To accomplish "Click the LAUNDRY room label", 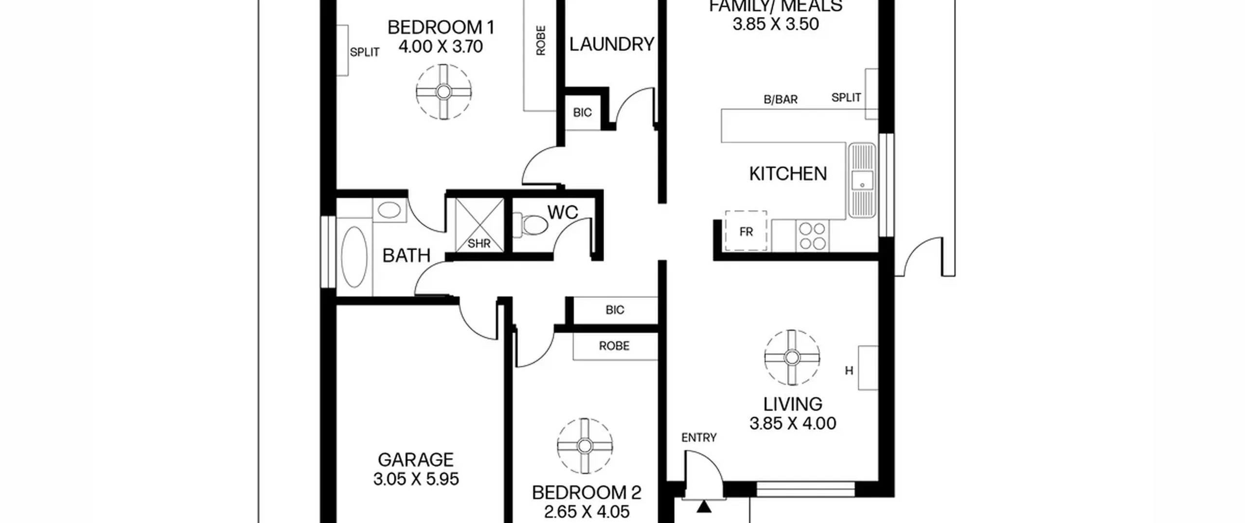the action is (x=612, y=44).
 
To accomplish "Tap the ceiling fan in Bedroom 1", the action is (x=444, y=92).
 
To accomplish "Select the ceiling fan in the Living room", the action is (x=792, y=358).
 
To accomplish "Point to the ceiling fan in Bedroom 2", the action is (x=585, y=446).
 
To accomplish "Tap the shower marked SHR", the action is (x=480, y=225).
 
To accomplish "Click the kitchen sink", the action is (x=862, y=180).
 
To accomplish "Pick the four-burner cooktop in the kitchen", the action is (x=812, y=236).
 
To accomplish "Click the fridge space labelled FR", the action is (x=746, y=231).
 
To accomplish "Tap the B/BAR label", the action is (x=781, y=100).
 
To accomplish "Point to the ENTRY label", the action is (x=699, y=438).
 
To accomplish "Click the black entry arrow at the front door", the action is (x=704, y=506).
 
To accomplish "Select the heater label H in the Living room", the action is (x=849, y=371).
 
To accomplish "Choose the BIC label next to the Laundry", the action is (x=582, y=113).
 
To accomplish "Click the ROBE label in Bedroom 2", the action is (x=614, y=346).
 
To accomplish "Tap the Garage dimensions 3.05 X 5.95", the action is (x=416, y=479).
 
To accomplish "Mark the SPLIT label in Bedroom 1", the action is (x=365, y=52).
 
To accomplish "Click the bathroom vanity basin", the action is (x=389, y=211).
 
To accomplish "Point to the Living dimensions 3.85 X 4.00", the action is (x=793, y=423).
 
